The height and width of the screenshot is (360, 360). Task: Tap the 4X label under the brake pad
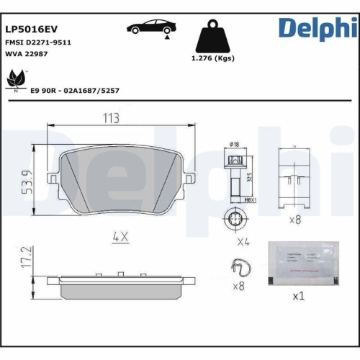120,235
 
